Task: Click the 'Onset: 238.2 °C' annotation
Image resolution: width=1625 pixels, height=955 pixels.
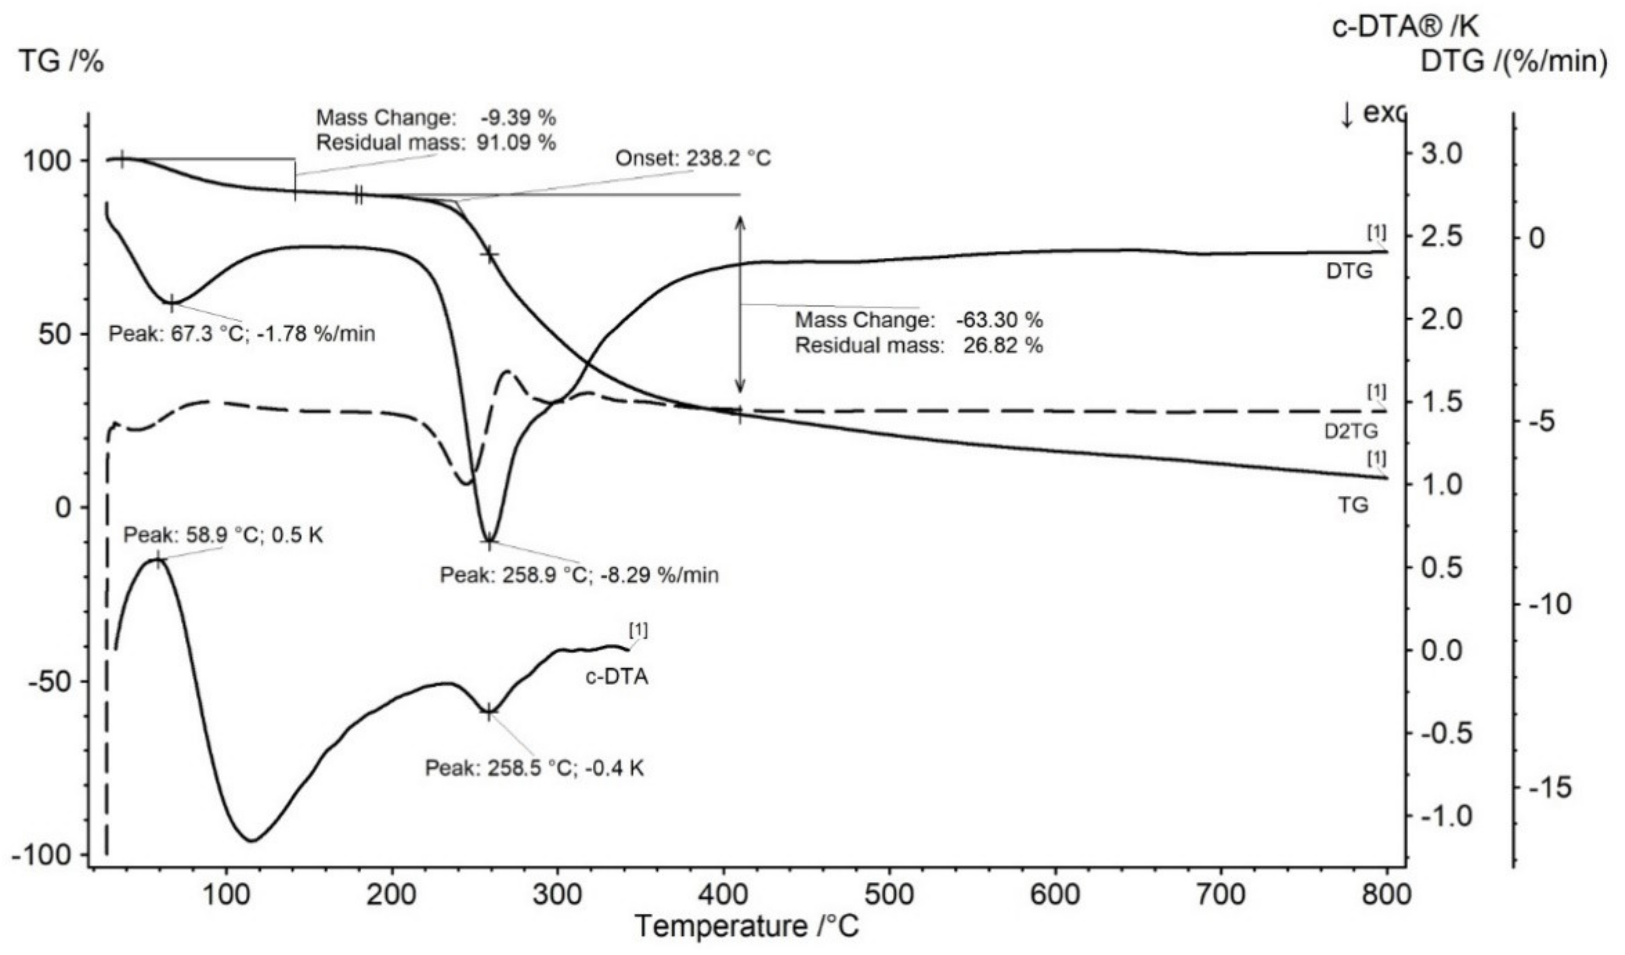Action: [x=693, y=158]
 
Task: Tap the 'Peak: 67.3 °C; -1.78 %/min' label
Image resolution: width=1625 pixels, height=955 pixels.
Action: [x=242, y=334]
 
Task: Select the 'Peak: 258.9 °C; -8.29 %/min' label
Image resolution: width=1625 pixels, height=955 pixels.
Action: [x=579, y=574]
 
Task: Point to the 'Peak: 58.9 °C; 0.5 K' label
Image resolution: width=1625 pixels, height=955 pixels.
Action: [x=223, y=534]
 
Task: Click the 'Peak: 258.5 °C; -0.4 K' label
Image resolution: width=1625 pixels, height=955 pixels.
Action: [x=534, y=768]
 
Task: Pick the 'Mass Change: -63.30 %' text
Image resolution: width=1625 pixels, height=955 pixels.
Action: [x=918, y=320]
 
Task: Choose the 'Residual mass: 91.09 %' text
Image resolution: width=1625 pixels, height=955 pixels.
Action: [x=436, y=143]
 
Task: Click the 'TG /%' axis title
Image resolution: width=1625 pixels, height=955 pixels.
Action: [x=62, y=62]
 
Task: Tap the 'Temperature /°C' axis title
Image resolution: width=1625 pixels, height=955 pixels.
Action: [x=748, y=927]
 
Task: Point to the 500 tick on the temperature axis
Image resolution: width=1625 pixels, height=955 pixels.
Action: [x=889, y=896]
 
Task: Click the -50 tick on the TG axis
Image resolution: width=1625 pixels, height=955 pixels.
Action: [x=48, y=681]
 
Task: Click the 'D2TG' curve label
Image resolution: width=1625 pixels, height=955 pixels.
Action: [x=1350, y=431]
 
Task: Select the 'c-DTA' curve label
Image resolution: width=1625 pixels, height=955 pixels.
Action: [x=617, y=677]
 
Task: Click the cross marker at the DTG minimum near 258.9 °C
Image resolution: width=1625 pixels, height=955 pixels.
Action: [x=489, y=541]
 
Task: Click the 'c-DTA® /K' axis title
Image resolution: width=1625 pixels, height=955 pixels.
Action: [x=1406, y=27]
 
